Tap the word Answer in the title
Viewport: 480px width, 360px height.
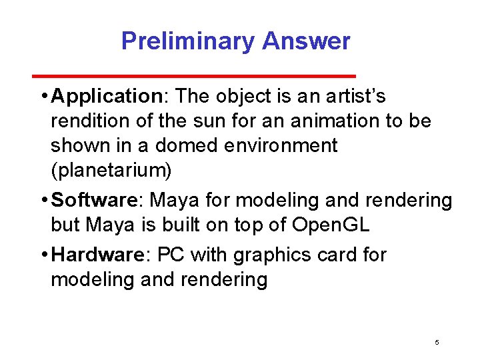click(306, 41)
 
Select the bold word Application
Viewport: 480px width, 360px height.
click(106, 97)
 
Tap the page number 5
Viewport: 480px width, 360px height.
click(437, 342)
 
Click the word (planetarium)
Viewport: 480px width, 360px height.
click(111, 170)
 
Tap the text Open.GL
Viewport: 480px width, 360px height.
click(331, 225)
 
